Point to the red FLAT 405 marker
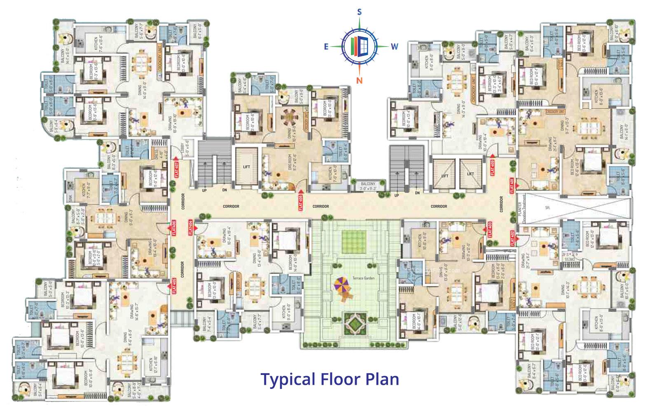[x=174, y=286]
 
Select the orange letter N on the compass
[x=359, y=80]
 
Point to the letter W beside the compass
[x=395, y=46]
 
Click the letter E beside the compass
[x=326, y=47]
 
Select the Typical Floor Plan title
[x=330, y=378]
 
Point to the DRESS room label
[x=156, y=154]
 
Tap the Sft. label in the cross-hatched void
[x=547, y=208]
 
